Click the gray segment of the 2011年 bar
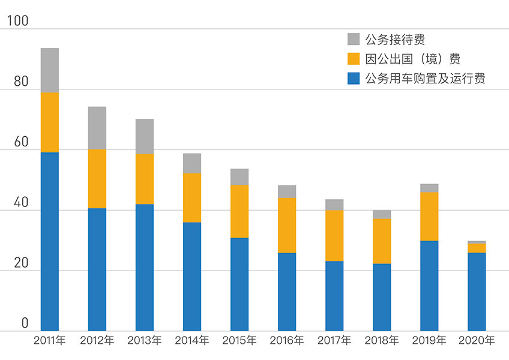(x=50, y=70)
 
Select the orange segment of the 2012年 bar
(x=97, y=179)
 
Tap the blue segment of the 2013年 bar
(x=145, y=268)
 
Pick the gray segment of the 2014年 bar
(x=192, y=163)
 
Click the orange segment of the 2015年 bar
(x=239, y=212)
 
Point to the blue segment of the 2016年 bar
(x=287, y=292)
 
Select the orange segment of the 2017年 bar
(x=334, y=236)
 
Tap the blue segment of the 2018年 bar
(x=382, y=298)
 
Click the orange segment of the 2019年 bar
(x=429, y=217)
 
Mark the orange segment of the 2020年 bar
(x=477, y=248)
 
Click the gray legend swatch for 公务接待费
(x=354, y=39)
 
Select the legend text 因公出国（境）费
(x=412, y=59)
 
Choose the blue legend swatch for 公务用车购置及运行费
(x=354, y=78)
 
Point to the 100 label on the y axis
(x=17, y=21)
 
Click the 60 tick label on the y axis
(x=21, y=142)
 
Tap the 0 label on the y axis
(x=25, y=323)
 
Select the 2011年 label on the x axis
(x=50, y=340)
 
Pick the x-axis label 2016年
(x=287, y=340)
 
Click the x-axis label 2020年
(x=477, y=340)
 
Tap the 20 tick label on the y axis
(x=21, y=263)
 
